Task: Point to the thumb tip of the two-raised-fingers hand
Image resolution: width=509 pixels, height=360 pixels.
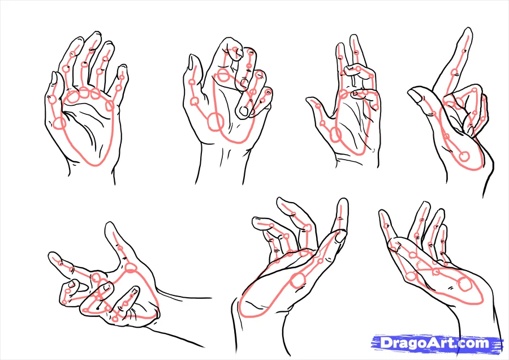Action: pos(309,101)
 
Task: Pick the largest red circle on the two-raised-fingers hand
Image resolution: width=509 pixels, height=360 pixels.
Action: pos(335,135)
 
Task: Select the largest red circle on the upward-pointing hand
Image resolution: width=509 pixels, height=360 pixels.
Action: pos(464,156)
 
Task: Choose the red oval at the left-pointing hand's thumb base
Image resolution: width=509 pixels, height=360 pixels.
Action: pos(131,268)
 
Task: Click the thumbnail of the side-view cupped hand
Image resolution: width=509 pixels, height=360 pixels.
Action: pos(340,236)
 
